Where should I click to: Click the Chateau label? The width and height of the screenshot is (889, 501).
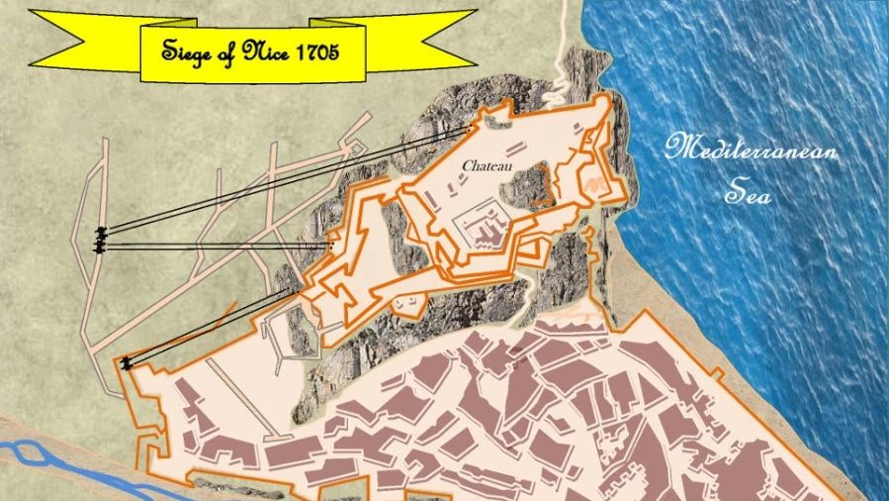tap(487, 165)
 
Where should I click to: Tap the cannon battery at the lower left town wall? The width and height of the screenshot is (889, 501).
tap(126, 363)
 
